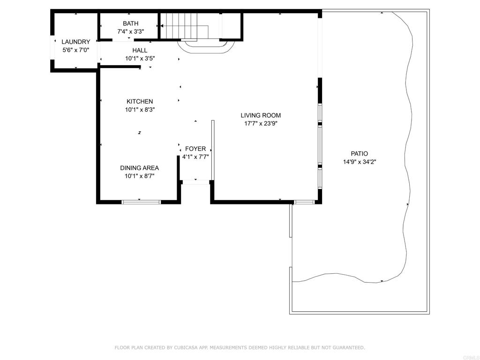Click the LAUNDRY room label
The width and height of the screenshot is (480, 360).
pos(75,42)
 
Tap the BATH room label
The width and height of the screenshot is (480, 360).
pos(130,23)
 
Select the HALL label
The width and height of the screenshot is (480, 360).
pos(140,51)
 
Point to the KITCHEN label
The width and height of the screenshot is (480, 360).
pos(140,102)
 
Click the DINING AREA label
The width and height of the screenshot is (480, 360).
pos(139,168)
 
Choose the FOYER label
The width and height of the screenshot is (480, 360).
pos(195,149)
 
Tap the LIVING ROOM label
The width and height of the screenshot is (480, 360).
pos(261,115)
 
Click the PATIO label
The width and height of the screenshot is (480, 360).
pos(359,154)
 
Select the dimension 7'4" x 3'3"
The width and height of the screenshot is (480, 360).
pos(130,31)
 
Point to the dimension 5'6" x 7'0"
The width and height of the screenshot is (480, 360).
pos(75,50)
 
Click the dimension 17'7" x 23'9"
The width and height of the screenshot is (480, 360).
pos(261,124)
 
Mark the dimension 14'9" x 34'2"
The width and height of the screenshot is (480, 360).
pos(360,162)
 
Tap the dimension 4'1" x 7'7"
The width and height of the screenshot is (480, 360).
pos(195,157)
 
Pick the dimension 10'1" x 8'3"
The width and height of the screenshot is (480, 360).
pos(140,110)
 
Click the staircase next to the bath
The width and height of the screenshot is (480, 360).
pos(185,26)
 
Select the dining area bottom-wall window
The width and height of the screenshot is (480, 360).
pos(141,202)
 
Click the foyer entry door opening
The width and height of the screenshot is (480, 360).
pos(196,182)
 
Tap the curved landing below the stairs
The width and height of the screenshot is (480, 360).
pos(206,46)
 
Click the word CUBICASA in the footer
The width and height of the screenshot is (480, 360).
pos(186,347)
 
